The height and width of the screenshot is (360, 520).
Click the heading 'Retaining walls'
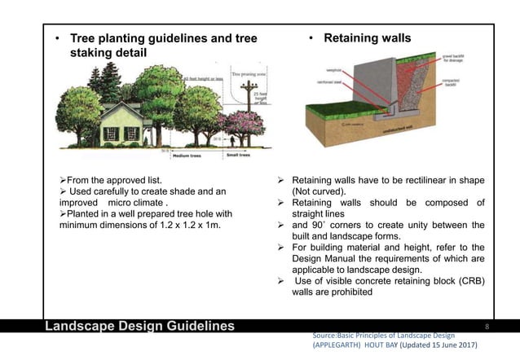(368, 38)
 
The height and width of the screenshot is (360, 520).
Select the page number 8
(486, 326)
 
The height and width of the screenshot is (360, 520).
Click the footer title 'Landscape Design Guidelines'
(139, 327)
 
